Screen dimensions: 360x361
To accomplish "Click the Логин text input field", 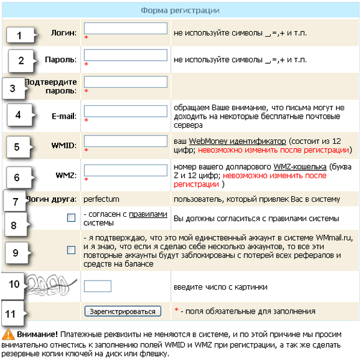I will click(126, 28).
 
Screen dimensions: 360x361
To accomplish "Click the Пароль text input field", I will click(126, 55).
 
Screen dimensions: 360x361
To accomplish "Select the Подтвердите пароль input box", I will click(126, 82).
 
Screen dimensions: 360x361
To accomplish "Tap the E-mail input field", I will click(126, 111).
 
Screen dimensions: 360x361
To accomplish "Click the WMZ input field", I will click(126, 170).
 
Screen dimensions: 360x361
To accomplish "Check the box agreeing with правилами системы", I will click(72, 217).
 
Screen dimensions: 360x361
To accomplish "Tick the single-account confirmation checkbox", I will click(72, 249).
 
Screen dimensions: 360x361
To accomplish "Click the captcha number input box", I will click(97, 286).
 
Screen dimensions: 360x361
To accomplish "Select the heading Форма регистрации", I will click(180, 11).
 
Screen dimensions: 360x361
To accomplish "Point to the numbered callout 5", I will click(16, 146).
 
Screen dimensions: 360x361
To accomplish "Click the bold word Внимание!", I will click(37, 334).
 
